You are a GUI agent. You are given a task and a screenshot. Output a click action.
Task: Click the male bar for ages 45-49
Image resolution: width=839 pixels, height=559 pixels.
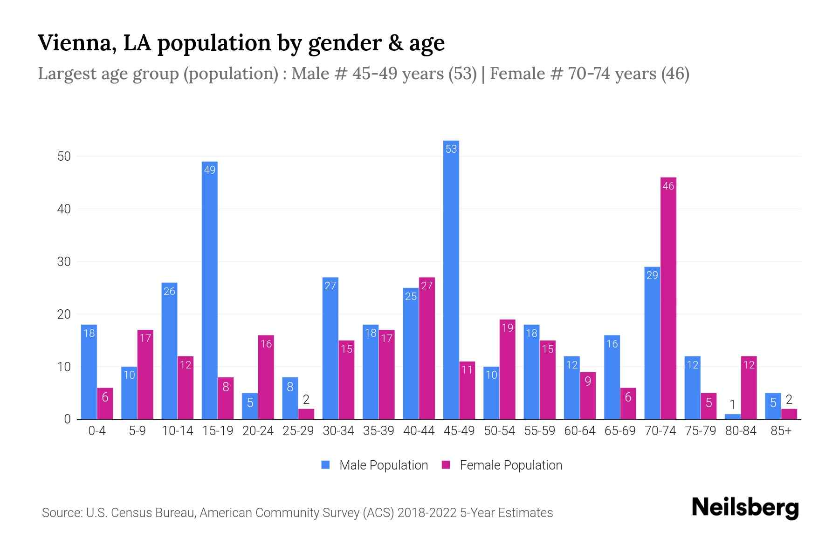(451, 279)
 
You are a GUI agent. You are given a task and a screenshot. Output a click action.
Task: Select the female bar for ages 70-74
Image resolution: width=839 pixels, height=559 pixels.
(668, 298)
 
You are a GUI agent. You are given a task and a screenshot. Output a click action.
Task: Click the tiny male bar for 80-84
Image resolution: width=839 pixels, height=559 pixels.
(732, 416)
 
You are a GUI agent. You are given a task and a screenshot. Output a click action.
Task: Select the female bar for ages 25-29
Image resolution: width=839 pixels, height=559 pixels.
(306, 414)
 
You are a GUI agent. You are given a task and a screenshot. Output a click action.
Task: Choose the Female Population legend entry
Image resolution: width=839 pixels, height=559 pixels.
(502, 465)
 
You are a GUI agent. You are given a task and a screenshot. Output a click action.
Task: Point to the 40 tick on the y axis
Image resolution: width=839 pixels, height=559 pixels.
(64, 209)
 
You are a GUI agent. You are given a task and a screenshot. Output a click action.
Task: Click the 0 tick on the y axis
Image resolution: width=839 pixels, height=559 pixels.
(67, 419)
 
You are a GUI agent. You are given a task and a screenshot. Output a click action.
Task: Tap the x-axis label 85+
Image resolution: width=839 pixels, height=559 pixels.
(781, 431)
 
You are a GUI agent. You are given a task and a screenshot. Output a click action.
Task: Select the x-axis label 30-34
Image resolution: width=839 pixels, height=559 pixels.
(338, 431)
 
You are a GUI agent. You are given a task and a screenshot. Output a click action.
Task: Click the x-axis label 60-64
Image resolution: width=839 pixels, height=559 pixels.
(579, 431)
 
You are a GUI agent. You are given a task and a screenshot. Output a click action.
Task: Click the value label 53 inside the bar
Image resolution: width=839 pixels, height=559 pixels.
(451, 149)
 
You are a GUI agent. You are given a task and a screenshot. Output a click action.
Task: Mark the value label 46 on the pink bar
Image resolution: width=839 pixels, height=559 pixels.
(668, 186)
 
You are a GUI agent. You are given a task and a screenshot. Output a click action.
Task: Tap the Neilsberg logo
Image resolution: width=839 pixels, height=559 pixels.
(745, 507)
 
